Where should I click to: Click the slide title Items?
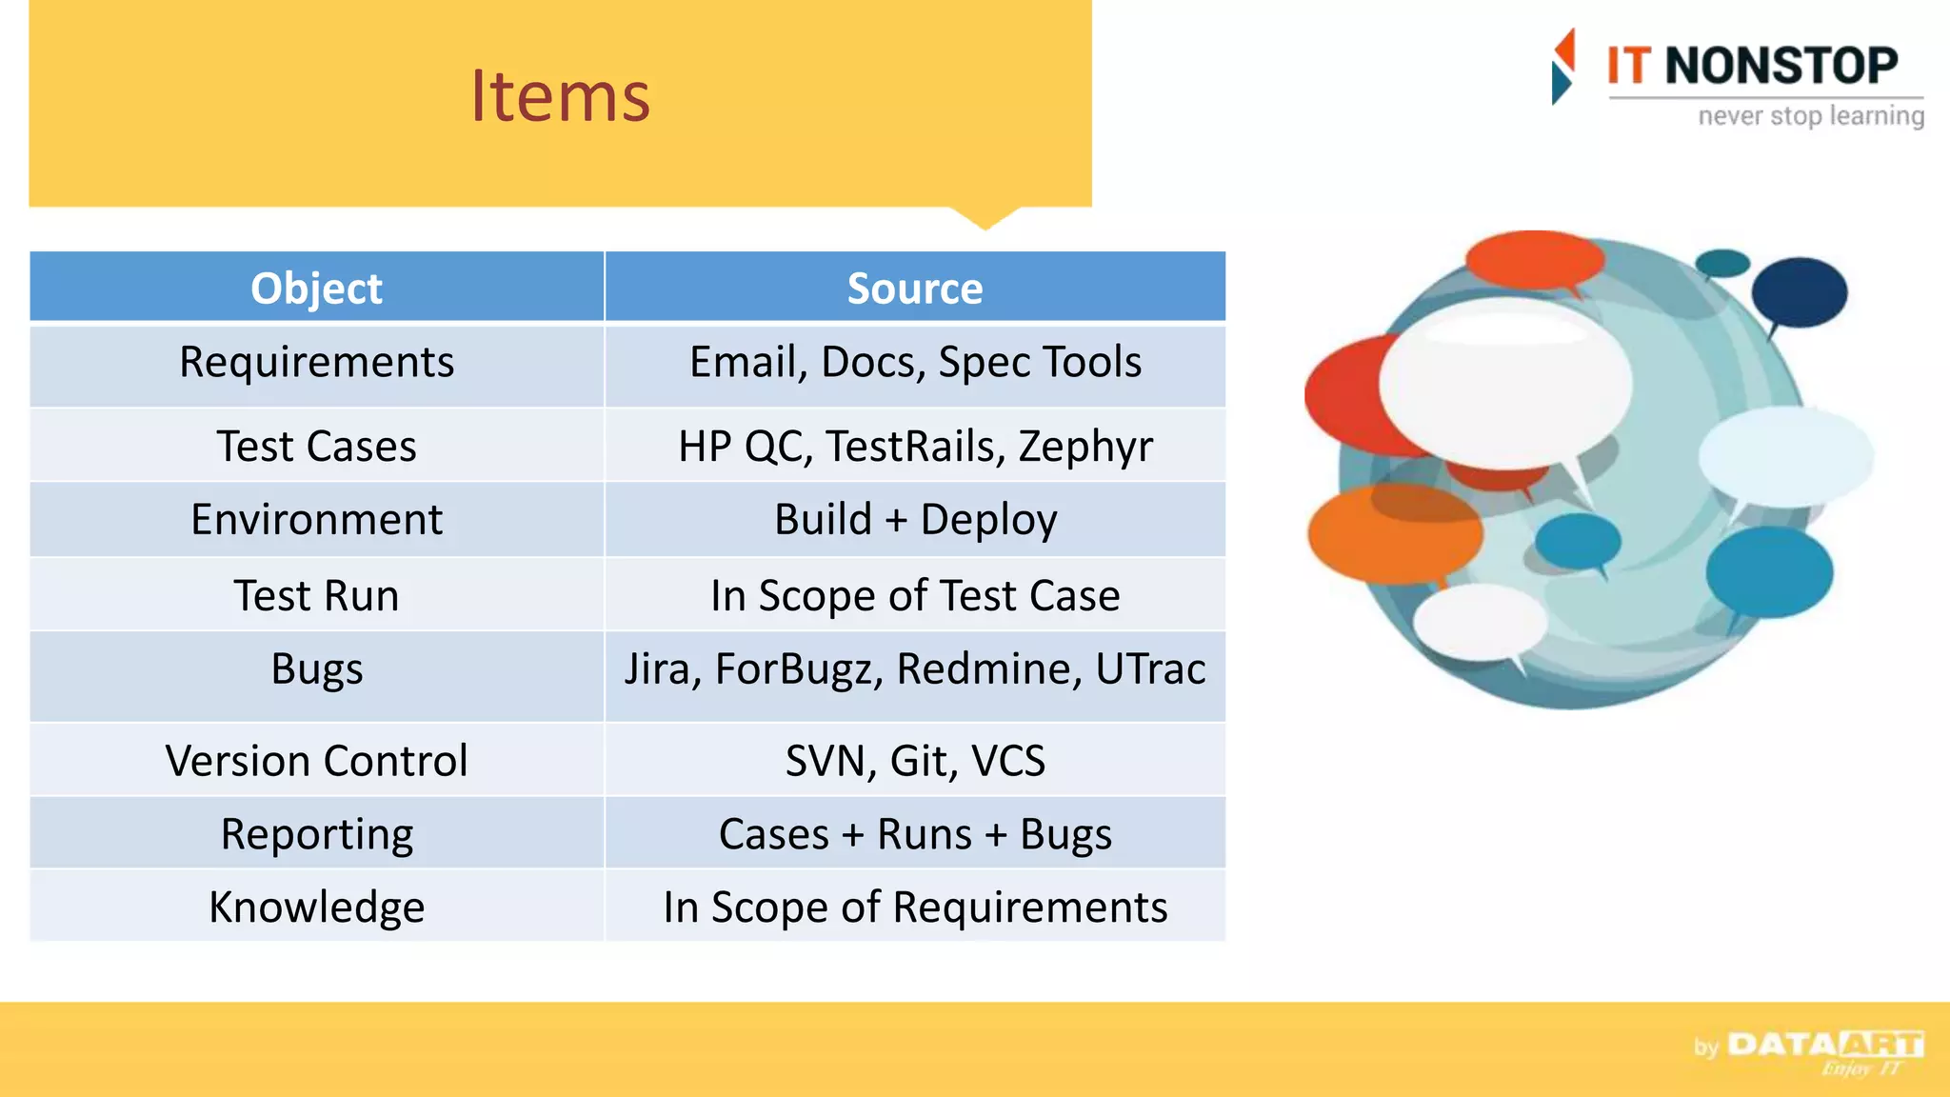coord(560,97)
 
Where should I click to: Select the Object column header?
coord(316,289)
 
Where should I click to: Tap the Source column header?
coord(914,289)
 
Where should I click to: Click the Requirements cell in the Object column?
coord(316,363)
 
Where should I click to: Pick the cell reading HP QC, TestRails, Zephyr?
coord(914,446)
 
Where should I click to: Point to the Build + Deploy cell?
coord(914,520)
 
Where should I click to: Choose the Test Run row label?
coord(316,596)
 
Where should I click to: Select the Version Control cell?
coord(316,761)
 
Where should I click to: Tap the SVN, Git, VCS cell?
coord(914,761)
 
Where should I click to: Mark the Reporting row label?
coord(316,834)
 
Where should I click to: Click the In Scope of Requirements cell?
coord(914,908)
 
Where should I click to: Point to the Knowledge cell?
coord(316,908)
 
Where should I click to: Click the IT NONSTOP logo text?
coord(1752,67)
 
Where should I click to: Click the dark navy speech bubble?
coord(1799,291)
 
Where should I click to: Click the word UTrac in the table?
coord(1150,668)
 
